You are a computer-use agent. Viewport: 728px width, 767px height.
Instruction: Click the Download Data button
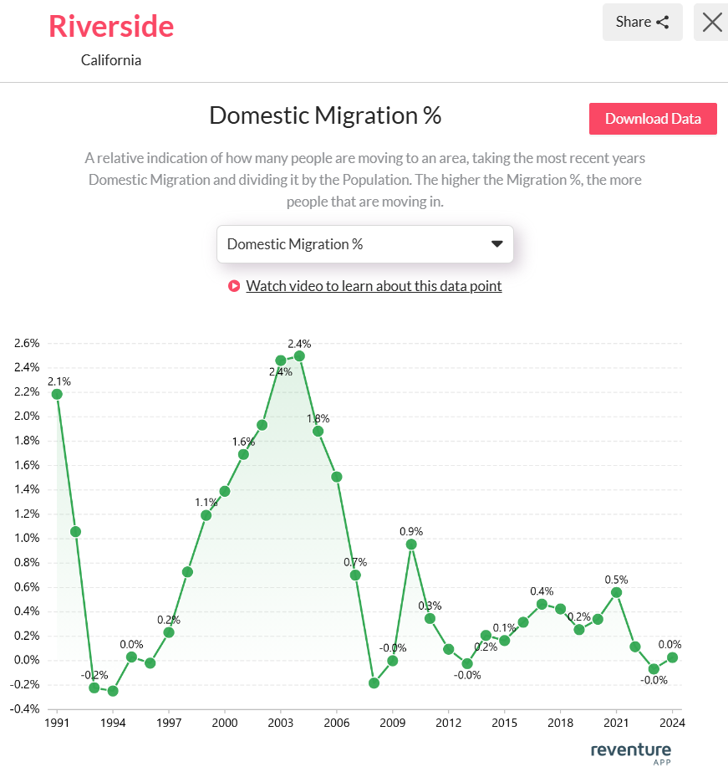pyautogui.click(x=653, y=119)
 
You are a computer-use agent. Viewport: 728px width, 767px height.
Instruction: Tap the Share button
pyautogui.click(x=642, y=23)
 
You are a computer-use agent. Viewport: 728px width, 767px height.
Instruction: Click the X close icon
pyautogui.click(x=712, y=23)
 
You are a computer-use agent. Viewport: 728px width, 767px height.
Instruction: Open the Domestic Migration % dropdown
pyautogui.click(x=364, y=244)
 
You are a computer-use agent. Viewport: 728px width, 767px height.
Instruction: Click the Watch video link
pyautogui.click(x=374, y=286)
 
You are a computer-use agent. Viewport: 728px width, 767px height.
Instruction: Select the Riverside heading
pyautogui.click(x=111, y=26)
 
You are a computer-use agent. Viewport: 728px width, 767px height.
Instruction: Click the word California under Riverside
pyautogui.click(x=111, y=60)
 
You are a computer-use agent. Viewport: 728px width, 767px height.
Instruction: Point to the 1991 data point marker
pyautogui.click(x=57, y=394)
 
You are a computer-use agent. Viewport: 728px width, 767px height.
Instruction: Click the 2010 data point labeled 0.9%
pyautogui.click(x=411, y=545)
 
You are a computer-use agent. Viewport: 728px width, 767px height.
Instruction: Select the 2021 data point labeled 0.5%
pyautogui.click(x=617, y=592)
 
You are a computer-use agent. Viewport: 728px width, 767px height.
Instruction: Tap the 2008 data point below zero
pyautogui.click(x=374, y=683)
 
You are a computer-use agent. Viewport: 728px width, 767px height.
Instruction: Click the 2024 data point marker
pyautogui.click(x=672, y=657)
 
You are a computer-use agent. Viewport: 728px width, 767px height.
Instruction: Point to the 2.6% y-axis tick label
pyautogui.click(x=27, y=343)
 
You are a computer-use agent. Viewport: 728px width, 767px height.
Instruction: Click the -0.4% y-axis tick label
pyautogui.click(x=25, y=708)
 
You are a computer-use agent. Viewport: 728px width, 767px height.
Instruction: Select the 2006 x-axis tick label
pyautogui.click(x=337, y=722)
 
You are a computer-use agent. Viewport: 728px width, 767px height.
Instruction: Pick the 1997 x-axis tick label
pyautogui.click(x=169, y=722)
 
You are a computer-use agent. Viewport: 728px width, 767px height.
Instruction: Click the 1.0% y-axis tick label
pyautogui.click(x=27, y=538)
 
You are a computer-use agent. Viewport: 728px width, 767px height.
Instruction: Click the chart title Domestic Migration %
pyautogui.click(x=325, y=115)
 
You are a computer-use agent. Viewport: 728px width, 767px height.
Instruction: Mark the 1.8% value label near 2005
pyautogui.click(x=318, y=418)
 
